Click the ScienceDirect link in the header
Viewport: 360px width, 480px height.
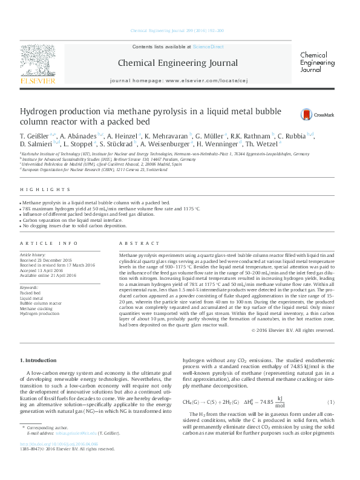point(208,47)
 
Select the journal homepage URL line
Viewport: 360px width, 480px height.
point(180,80)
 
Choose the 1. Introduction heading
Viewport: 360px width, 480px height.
point(39,360)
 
